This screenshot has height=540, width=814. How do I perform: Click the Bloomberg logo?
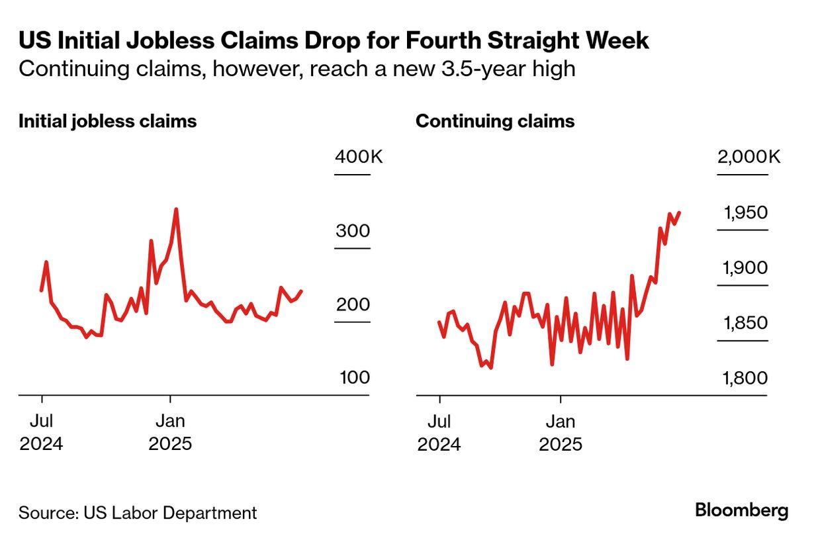click(741, 510)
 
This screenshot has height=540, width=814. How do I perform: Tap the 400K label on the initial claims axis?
click(359, 157)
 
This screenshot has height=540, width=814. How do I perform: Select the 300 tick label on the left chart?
click(353, 232)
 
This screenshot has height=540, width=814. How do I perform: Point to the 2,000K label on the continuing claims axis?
click(748, 157)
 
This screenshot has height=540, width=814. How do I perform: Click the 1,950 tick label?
click(746, 213)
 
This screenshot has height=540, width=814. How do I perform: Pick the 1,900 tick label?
click(746, 268)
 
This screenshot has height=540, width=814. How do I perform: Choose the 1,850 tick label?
click(746, 324)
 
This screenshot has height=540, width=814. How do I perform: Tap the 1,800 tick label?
click(746, 379)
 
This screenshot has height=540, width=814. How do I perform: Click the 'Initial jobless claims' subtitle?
click(107, 122)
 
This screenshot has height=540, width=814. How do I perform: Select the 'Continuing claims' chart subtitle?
click(495, 122)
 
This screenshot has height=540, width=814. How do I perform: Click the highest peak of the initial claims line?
click(175, 210)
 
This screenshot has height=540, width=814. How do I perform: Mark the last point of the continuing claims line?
click(680, 212)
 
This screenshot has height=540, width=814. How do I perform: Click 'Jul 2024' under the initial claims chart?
click(41, 431)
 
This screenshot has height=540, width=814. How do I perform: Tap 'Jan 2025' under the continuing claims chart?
click(561, 431)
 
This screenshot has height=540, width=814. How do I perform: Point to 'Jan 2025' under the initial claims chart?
click(170, 431)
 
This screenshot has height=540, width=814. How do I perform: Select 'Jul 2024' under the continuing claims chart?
click(439, 431)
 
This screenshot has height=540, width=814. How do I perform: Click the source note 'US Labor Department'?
click(169, 513)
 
